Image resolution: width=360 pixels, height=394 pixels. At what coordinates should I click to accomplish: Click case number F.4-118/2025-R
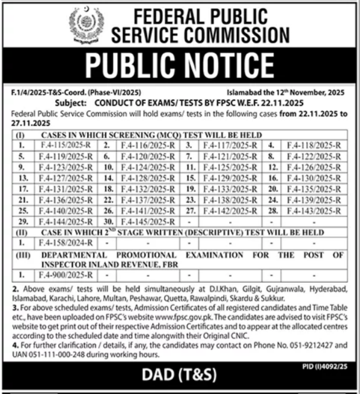pos(313,144)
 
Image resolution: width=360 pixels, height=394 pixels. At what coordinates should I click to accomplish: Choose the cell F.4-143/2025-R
pos(313,211)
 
